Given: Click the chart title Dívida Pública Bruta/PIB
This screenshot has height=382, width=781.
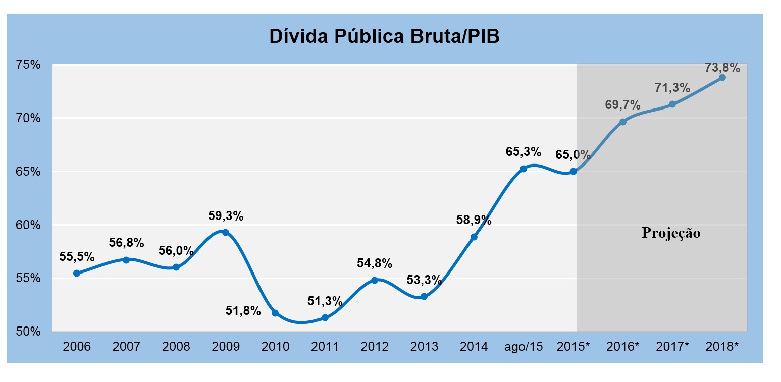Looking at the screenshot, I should [384, 36].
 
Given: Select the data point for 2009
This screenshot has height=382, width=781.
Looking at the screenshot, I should [225, 232].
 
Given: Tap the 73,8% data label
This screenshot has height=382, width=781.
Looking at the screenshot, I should [722, 67].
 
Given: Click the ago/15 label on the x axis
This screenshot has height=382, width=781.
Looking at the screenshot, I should [523, 347].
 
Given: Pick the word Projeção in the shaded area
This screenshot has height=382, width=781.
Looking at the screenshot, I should [671, 233].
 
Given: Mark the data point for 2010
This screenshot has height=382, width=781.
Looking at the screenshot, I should [275, 313].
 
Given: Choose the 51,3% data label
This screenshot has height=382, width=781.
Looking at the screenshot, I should [325, 301].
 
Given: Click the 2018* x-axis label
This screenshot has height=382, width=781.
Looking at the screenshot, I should [722, 347].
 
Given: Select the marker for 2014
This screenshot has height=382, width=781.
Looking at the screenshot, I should [474, 237].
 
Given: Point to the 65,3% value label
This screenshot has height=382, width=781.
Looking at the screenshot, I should [524, 151].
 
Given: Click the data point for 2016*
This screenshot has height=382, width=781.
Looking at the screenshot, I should [623, 122].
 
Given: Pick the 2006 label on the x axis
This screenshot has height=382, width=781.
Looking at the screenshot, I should [77, 347].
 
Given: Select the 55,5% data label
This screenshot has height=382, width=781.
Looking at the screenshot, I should [77, 256].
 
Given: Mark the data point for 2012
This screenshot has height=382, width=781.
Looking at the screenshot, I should [374, 280].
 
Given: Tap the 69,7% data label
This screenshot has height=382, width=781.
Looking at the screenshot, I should [623, 105].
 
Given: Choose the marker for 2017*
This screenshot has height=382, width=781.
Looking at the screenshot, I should [672, 104].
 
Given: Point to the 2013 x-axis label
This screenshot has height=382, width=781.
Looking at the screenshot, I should [424, 347].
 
